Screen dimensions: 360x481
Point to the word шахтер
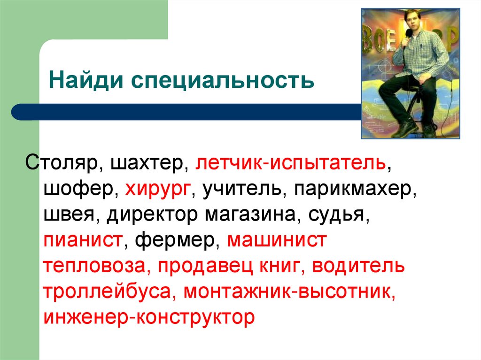click(x=149, y=163)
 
